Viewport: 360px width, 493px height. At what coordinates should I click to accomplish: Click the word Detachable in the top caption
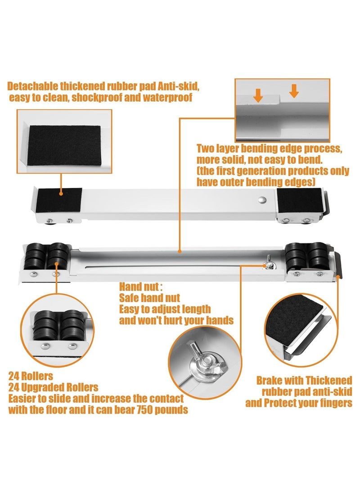coord(33,86)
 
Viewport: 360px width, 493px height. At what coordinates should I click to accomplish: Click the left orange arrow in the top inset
coord(258,95)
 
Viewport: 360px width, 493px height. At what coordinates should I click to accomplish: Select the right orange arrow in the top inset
coord(294,91)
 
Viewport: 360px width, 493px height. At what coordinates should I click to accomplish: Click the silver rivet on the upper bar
coord(262,199)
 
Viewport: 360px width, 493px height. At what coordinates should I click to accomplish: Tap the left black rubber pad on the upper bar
coord(59,200)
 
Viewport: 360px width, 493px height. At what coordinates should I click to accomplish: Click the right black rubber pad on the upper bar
coord(300,201)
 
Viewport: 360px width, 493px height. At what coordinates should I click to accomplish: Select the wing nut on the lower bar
coord(268,263)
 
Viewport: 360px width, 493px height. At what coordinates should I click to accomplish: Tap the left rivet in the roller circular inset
coord(45,346)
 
